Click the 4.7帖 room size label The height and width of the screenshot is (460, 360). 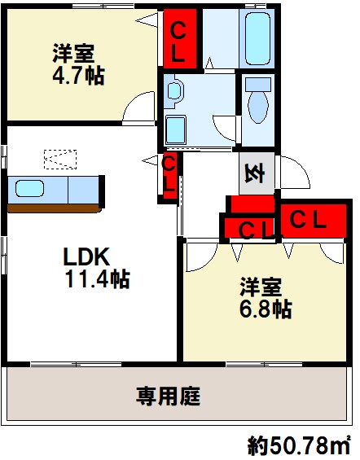tap(78, 76)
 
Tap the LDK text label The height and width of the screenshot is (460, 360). tap(86, 256)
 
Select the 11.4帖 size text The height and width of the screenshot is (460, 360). tap(98, 279)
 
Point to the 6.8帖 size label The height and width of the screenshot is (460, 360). tap(266, 309)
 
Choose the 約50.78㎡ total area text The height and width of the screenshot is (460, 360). tap(299, 445)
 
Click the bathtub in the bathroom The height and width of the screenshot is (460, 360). tap(257, 39)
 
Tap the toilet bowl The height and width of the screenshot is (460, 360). tap(258, 107)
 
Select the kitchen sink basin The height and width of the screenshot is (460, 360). tap(29, 189)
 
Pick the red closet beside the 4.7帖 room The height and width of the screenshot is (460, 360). tap(179, 38)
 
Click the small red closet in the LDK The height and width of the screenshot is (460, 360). tap(169, 176)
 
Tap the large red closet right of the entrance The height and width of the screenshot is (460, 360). tap(314, 221)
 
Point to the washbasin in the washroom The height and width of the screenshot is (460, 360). tap(174, 90)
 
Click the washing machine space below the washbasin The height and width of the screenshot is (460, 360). tap(176, 130)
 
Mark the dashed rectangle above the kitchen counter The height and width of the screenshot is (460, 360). tap(60, 160)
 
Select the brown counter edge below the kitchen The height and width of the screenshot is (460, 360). tap(55, 208)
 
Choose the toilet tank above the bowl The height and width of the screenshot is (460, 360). tap(258, 85)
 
